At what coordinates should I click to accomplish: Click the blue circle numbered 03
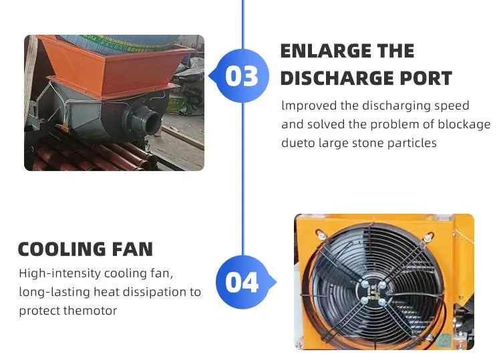tap(242, 76)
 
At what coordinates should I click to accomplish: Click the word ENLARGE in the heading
tap(325, 51)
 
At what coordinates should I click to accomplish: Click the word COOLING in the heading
tap(61, 250)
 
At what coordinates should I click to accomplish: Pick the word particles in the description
tap(411, 143)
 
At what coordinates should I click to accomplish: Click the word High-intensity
tap(59, 274)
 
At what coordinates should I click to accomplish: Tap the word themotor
tap(90, 311)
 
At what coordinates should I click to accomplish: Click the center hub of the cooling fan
tap(373, 293)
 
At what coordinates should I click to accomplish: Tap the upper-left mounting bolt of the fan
tap(321, 236)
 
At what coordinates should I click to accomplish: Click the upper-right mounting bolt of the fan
tap(428, 238)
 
